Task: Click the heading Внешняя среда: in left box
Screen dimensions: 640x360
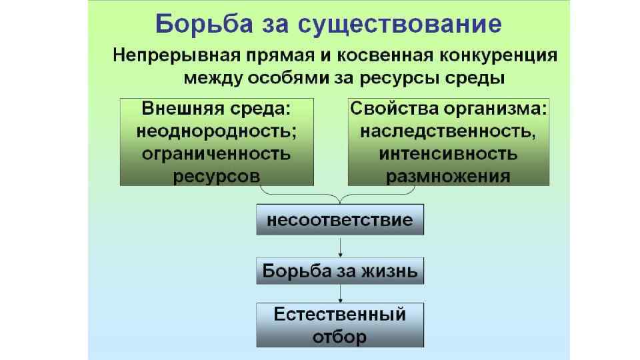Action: pos(216,109)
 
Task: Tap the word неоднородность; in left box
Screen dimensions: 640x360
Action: pos(216,131)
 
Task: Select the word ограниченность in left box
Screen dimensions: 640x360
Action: pos(216,153)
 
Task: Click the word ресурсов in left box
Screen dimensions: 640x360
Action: pos(216,176)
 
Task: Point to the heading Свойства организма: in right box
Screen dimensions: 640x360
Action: pos(449,109)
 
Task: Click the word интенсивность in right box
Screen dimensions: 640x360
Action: pos(449,153)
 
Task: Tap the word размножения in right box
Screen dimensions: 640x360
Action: pos(449,176)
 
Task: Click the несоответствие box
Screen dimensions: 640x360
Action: pos(340,221)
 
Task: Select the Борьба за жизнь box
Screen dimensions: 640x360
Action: pos(340,271)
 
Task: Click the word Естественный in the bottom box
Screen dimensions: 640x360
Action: pos(340,313)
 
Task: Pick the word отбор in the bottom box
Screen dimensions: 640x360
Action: pos(340,336)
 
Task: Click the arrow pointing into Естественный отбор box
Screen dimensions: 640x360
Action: pos(341,293)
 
